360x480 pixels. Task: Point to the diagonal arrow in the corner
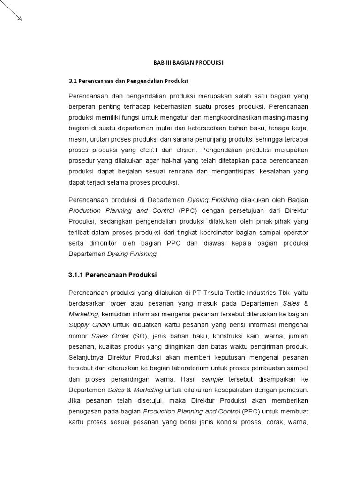point(11,11)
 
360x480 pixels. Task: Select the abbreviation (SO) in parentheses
point(127,336)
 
